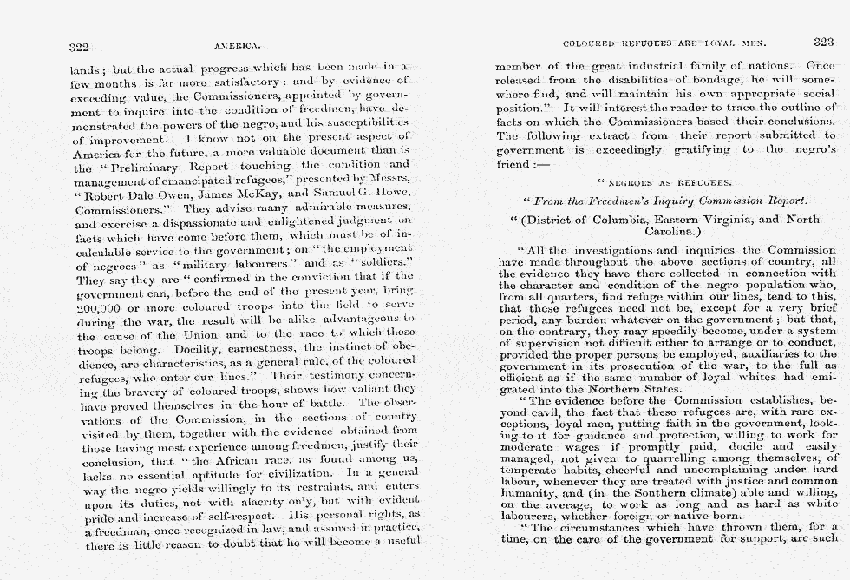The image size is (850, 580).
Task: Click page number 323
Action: pyautogui.click(x=823, y=41)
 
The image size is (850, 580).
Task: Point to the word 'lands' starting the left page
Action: pyautogui.click(x=85, y=67)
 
